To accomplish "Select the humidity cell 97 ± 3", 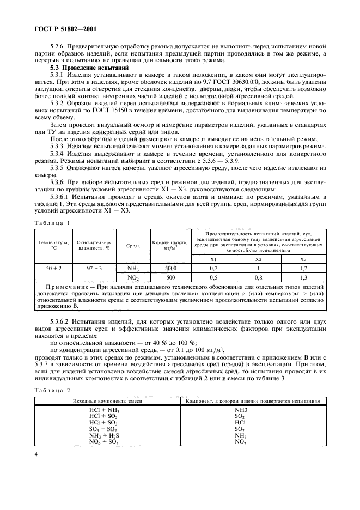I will point(94,268).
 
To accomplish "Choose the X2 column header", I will point(259,259).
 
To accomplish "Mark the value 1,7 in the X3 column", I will point(303,268).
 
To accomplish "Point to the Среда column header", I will point(133,245).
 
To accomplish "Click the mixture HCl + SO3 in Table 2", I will point(104,423).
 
